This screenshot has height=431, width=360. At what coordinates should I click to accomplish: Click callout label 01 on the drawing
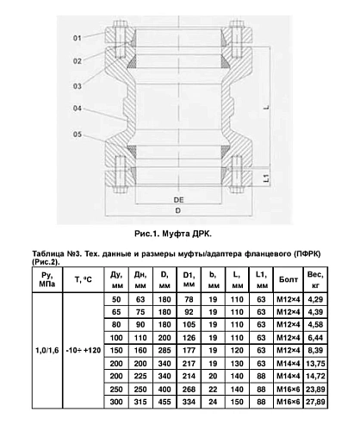pyautogui.click(x=78, y=38)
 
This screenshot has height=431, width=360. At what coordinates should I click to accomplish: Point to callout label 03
pyautogui.click(x=78, y=86)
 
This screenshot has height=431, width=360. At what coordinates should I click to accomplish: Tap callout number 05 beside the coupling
pyautogui.click(x=78, y=134)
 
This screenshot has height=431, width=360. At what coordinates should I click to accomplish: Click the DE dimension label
pyautogui.click(x=178, y=200)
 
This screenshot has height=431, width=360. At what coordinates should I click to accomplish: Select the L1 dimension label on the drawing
pyautogui.click(x=266, y=178)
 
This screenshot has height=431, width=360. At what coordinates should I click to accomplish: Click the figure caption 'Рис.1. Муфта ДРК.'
pyautogui.click(x=173, y=234)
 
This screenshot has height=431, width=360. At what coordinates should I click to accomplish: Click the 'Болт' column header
pyautogui.click(x=289, y=279)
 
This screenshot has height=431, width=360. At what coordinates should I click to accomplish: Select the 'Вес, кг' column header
pyautogui.click(x=315, y=279)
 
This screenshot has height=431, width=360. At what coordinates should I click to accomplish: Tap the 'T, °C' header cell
pyautogui.click(x=84, y=279)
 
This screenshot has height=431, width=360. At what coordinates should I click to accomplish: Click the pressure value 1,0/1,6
pyautogui.click(x=47, y=350)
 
